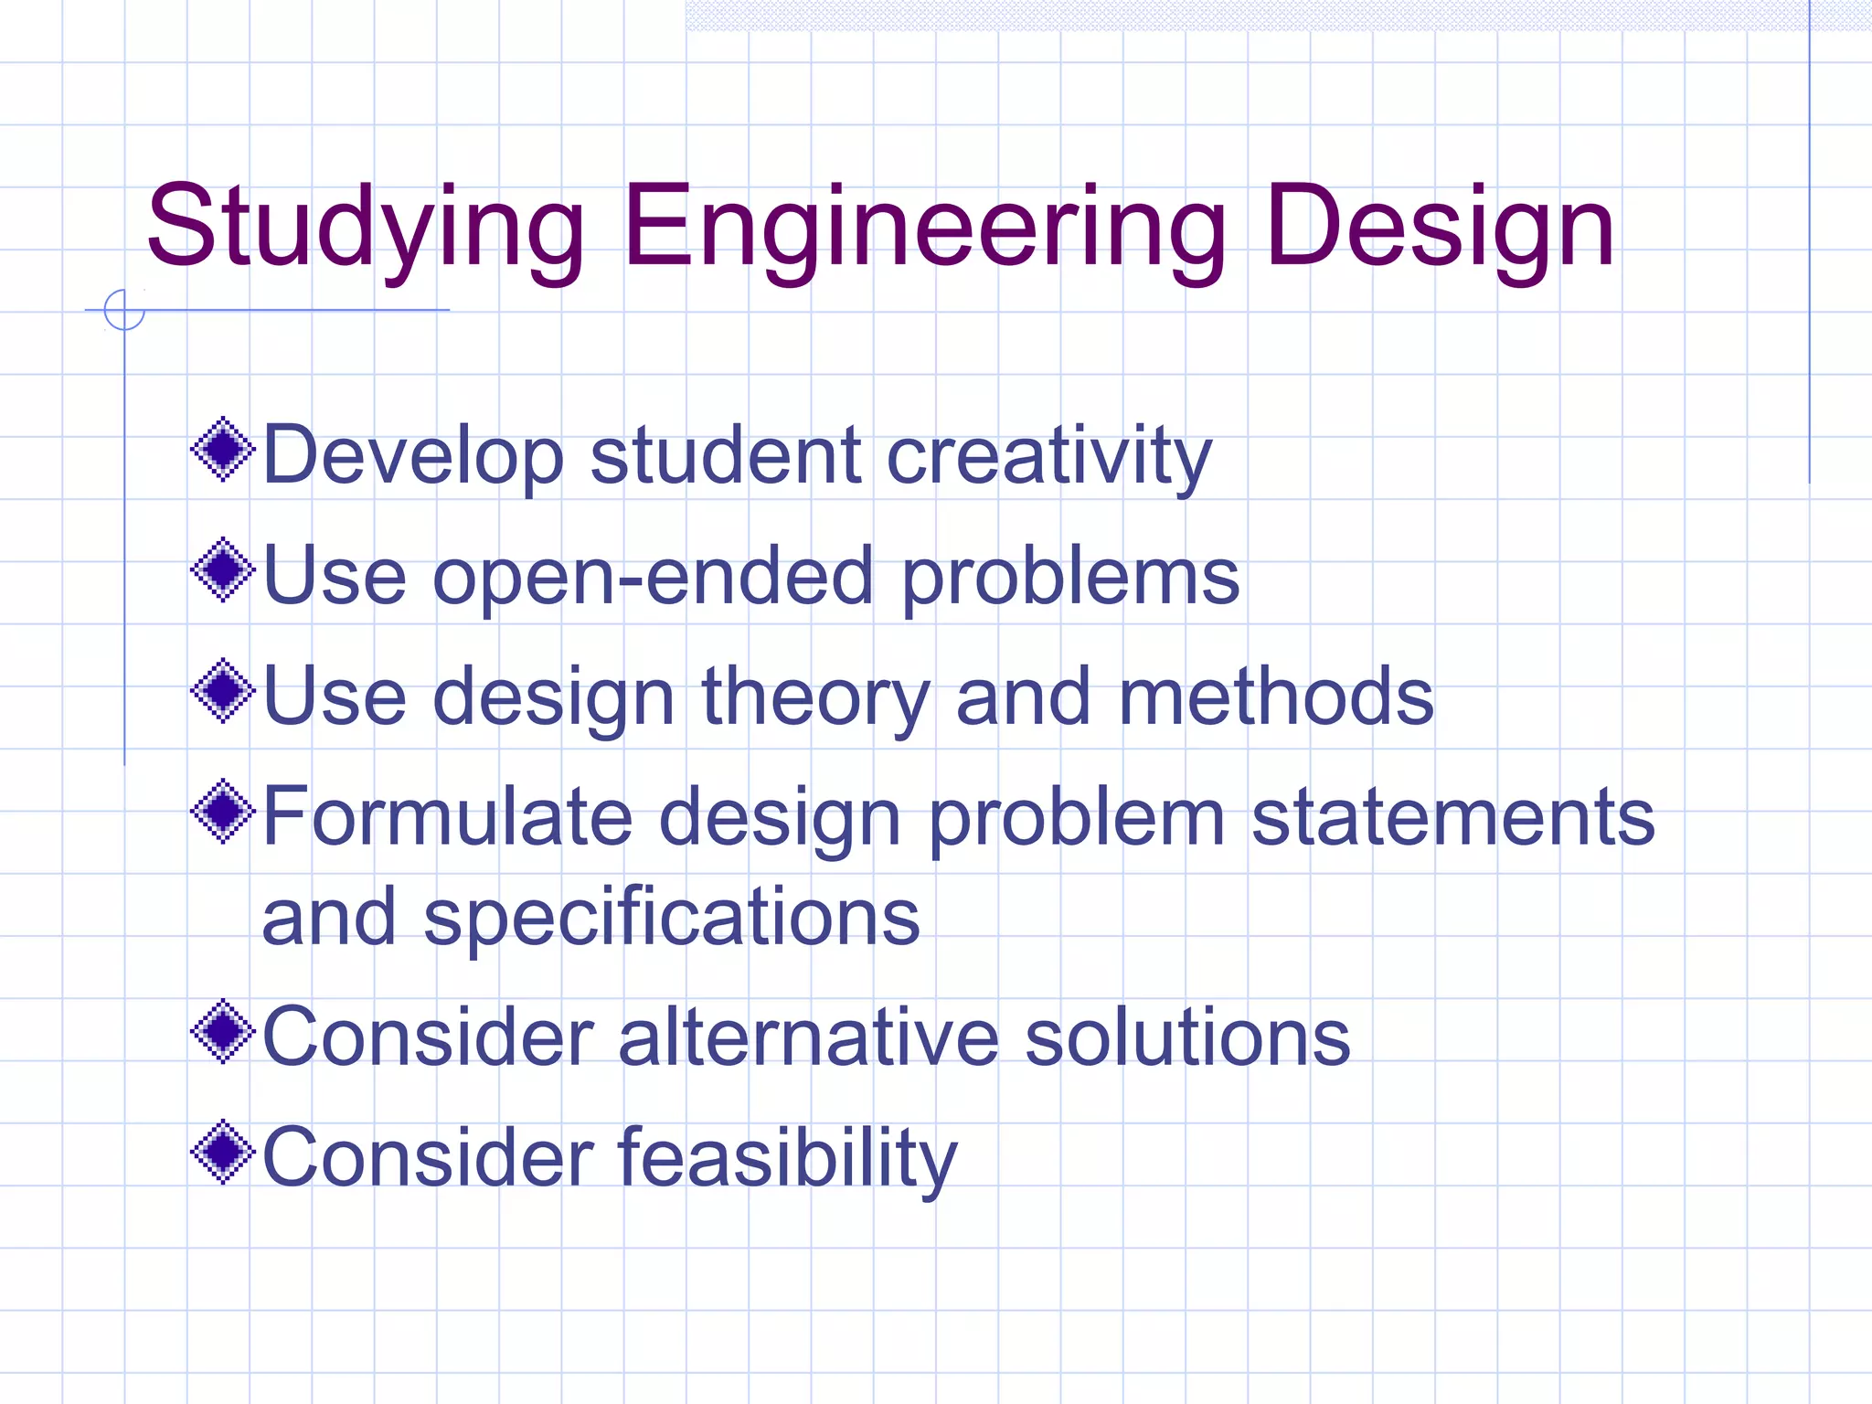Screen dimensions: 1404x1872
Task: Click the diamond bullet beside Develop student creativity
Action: pyautogui.click(x=222, y=449)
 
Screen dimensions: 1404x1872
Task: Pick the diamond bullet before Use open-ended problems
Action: pyautogui.click(x=222, y=570)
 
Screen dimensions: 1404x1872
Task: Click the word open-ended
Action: pyautogui.click(x=653, y=577)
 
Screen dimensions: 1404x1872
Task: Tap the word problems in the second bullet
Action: pyautogui.click(x=1070, y=577)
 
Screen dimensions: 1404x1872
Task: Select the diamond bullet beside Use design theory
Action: pyautogui.click(x=222, y=691)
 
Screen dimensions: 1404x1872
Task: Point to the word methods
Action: pyautogui.click(x=1276, y=697)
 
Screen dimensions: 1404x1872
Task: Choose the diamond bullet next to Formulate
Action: pyautogui.click(x=222, y=812)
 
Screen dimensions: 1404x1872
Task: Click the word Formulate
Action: pyautogui.click(x=447, y=816)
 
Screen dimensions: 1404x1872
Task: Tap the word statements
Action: pyautogui.click(x=1452, y=816)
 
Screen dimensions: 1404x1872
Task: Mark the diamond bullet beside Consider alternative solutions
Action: pyautogui.click(x=222, y=1032)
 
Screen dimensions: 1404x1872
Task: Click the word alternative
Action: pyautogui.click(x=808, y=1037)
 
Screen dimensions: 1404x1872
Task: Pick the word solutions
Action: pyautogui.click(x=1186, y=1037)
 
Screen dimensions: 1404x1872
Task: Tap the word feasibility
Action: pyautogui.click(x=787, y=1158)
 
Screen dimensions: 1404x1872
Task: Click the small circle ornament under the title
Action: pyautogui.click(x=124, y=310)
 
